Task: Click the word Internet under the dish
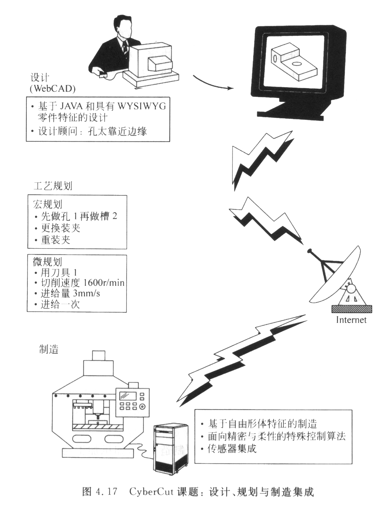pos(351,320)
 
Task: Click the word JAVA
pos(72,106)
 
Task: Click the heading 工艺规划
pos(53,186)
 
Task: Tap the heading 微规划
pos(47,261)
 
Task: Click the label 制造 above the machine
pos(49,349)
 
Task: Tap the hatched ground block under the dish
pos(352,309)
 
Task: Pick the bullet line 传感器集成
pos(232,449)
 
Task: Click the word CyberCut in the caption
pos(147,492)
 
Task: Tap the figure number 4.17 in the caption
pos(106,492)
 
